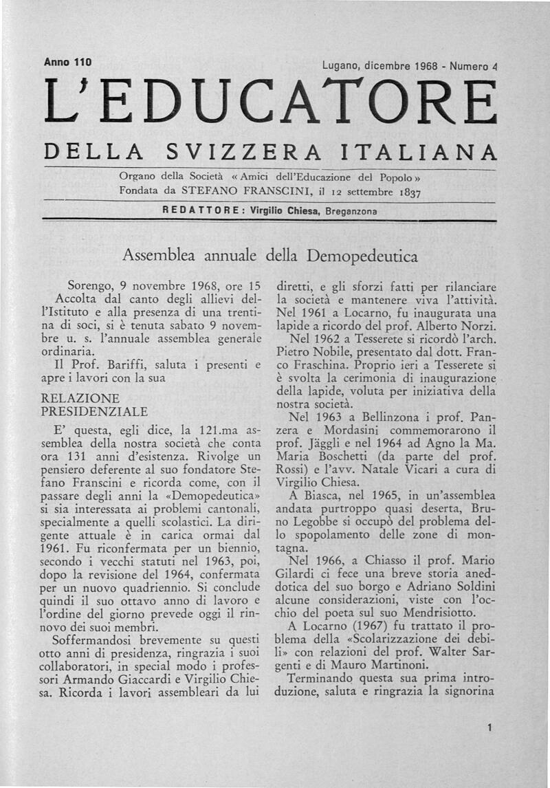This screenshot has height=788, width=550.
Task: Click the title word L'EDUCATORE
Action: click(269, 104)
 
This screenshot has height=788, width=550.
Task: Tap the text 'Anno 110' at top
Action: click(68, 62)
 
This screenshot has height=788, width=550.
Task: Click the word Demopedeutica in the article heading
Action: click(362, 256)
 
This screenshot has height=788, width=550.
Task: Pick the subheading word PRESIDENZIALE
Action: click(95, 411)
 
